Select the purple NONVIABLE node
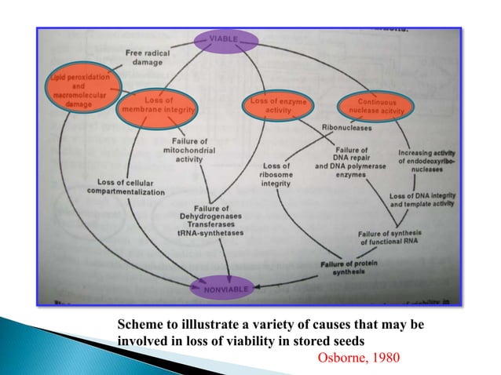click(227, 289)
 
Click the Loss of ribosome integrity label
click(276, 174)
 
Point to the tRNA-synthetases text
click(210, 233)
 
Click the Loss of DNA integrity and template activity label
click(422, 199)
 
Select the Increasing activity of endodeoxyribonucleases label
click(426, 160)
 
